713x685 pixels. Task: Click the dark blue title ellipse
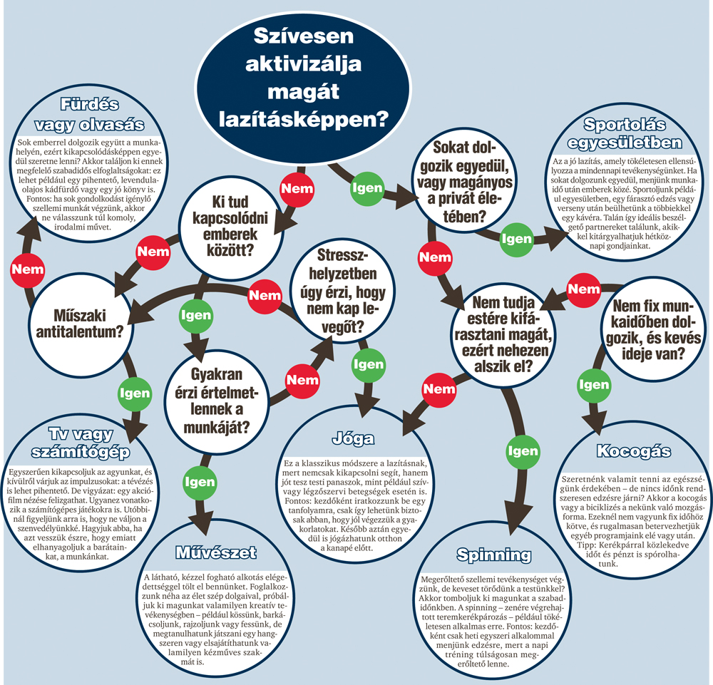coord(303,87)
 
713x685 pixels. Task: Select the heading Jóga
coord(354,438)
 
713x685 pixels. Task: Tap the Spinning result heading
coord(494,555)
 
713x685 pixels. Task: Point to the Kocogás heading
coord(633,451)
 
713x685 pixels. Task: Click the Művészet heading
coord(216,552)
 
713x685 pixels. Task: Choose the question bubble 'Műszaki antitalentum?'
coord(80,324)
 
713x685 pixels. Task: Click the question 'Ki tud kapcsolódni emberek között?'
coord(230,227)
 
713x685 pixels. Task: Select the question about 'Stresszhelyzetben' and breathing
coord(343,291)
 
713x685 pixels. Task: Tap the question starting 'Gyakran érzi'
coord(217,401)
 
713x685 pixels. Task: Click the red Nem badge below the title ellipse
coord(297,189)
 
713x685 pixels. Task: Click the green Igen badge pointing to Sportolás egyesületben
coord(516,239)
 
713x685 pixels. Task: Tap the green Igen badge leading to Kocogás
coord(594,385)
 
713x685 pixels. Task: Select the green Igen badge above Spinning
coord(523,451)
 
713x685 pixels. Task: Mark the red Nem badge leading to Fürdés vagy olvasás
coord(28,269)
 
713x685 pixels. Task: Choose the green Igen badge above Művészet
coord(200,483)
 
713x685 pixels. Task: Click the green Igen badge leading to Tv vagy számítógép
coord(135,393)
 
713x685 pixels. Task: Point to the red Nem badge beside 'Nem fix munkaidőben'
coord(584,289)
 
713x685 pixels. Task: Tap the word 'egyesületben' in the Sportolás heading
coord(625,143)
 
